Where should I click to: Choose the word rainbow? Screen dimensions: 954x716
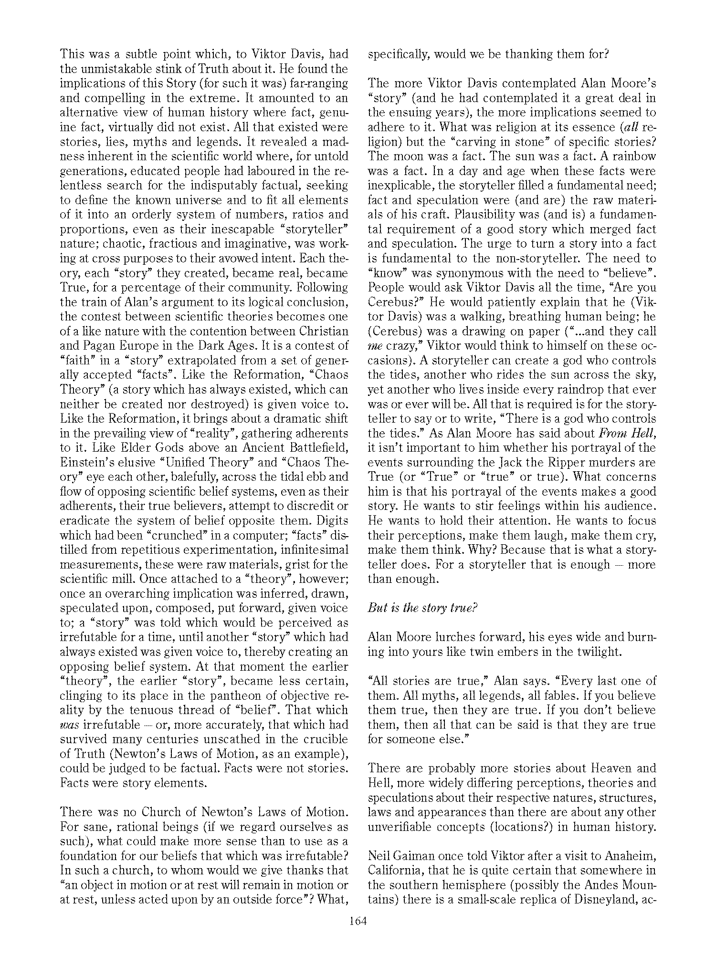[631, 156]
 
